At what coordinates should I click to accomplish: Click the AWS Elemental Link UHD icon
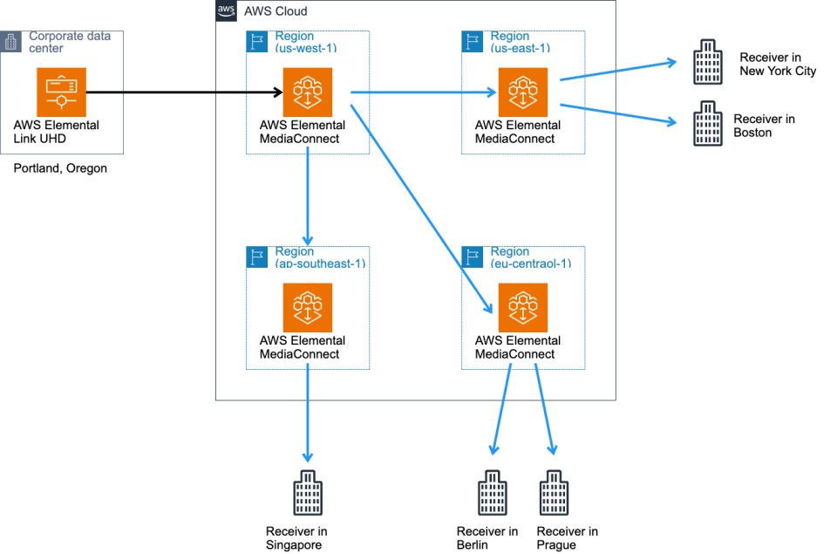[62, 92]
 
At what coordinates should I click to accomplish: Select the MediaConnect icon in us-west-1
[308, 92]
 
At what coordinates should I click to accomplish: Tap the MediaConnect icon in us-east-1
[523, 92]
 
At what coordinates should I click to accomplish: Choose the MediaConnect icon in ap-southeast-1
[308, 307]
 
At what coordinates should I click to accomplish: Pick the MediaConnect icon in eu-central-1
[523, 307]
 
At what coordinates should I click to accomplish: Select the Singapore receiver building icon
[307, 494]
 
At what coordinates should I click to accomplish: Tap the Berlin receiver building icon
[492, 494]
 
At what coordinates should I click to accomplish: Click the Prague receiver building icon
[553, 494]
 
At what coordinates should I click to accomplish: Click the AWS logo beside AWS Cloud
[225, 10]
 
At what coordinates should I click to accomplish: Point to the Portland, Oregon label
[60, 168]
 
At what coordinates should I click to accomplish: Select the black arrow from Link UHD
[183, 92]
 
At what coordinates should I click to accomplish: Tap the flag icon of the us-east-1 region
[471, 40]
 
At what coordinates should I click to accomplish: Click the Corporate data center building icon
[11, 41]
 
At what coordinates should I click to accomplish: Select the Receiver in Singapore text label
[296, 538]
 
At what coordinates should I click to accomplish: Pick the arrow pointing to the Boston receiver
[619, 113]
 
